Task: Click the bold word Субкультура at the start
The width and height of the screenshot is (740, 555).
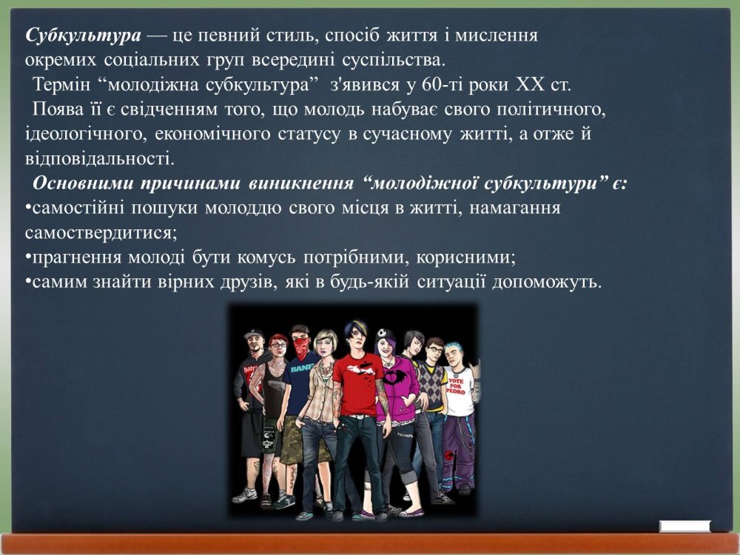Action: pos(83,36)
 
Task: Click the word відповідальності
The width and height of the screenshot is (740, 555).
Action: pos(100,158)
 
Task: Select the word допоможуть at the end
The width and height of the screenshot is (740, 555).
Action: pos(547,282)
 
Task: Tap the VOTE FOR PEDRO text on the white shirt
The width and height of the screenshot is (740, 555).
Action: pos(456,386)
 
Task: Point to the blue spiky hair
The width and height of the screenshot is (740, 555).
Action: pos(454,347)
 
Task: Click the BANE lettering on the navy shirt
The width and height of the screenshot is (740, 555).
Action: pos(299,369)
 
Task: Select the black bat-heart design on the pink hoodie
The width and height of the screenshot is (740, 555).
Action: pos(394,377)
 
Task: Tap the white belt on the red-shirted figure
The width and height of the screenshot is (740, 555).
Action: pos(360,416)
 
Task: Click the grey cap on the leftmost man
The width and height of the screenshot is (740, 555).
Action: pos(253,334)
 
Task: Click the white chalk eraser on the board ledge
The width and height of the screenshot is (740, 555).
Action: pos(684,526)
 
